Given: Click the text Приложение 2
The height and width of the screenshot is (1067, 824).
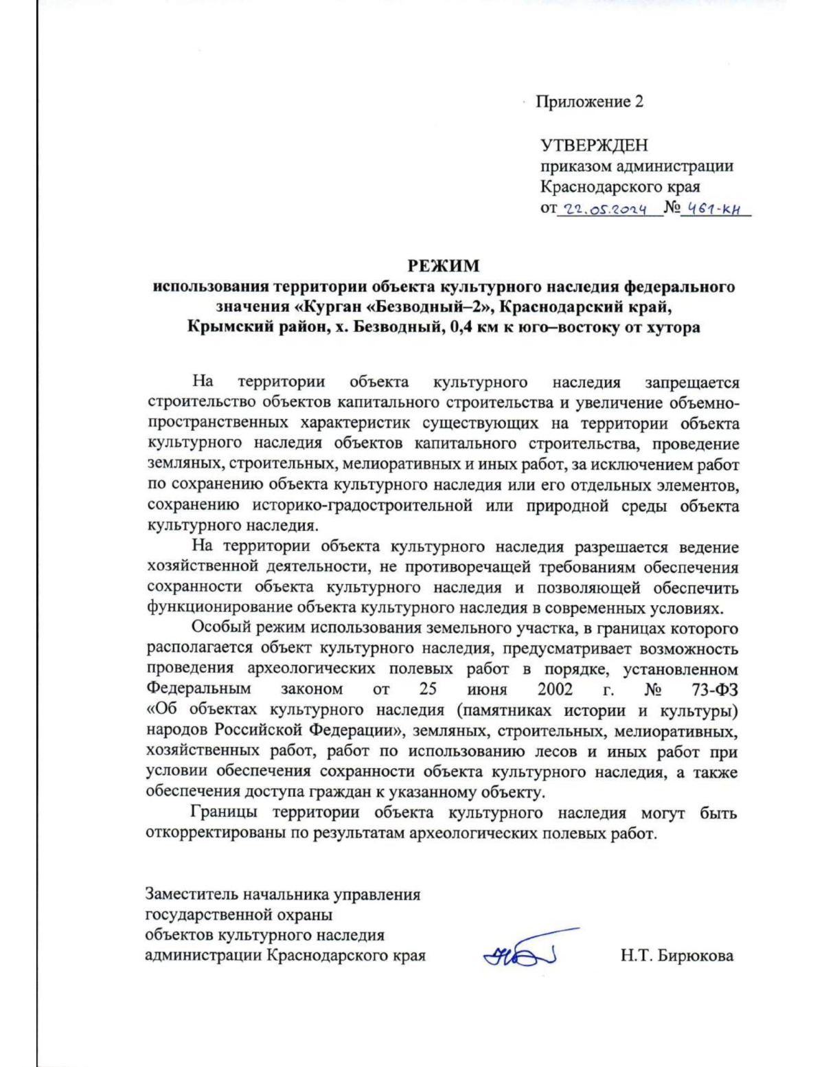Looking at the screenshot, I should (589, 102).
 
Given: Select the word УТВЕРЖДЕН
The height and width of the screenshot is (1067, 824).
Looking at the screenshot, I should (594, 145).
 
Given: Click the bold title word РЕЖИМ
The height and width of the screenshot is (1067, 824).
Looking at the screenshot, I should (444, 266).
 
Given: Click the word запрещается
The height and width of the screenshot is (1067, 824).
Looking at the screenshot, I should (691, 383).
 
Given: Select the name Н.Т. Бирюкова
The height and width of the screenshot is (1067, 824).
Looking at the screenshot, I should (676, 955).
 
